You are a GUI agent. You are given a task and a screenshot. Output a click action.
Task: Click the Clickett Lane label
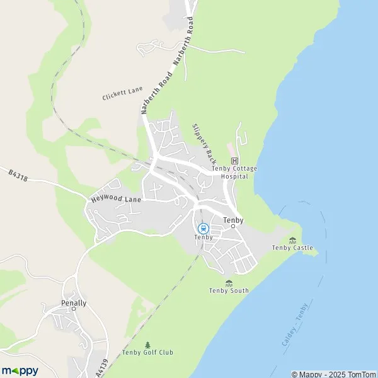(122, 94)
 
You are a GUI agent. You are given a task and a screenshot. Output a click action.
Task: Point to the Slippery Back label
(204, 142)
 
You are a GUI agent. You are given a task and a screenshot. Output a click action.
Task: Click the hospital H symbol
(235, 161)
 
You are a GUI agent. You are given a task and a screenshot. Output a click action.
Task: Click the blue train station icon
(203, 228)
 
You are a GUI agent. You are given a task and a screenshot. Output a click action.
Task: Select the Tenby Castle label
(292, 248)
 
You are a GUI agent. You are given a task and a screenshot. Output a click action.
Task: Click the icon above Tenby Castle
(292, 240)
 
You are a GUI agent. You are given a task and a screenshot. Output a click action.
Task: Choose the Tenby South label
(229, 290)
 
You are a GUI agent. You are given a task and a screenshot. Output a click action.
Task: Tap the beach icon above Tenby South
(229, 283)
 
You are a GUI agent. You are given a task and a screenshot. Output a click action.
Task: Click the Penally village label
(74, 303)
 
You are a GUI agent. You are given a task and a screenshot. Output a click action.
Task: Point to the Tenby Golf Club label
(147, 352)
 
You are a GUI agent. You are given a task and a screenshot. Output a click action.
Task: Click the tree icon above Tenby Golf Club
(147, 345)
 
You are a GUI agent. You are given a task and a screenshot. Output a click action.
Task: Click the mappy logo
(20, 370)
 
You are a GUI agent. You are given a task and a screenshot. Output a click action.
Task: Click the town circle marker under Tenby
(232, 226)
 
